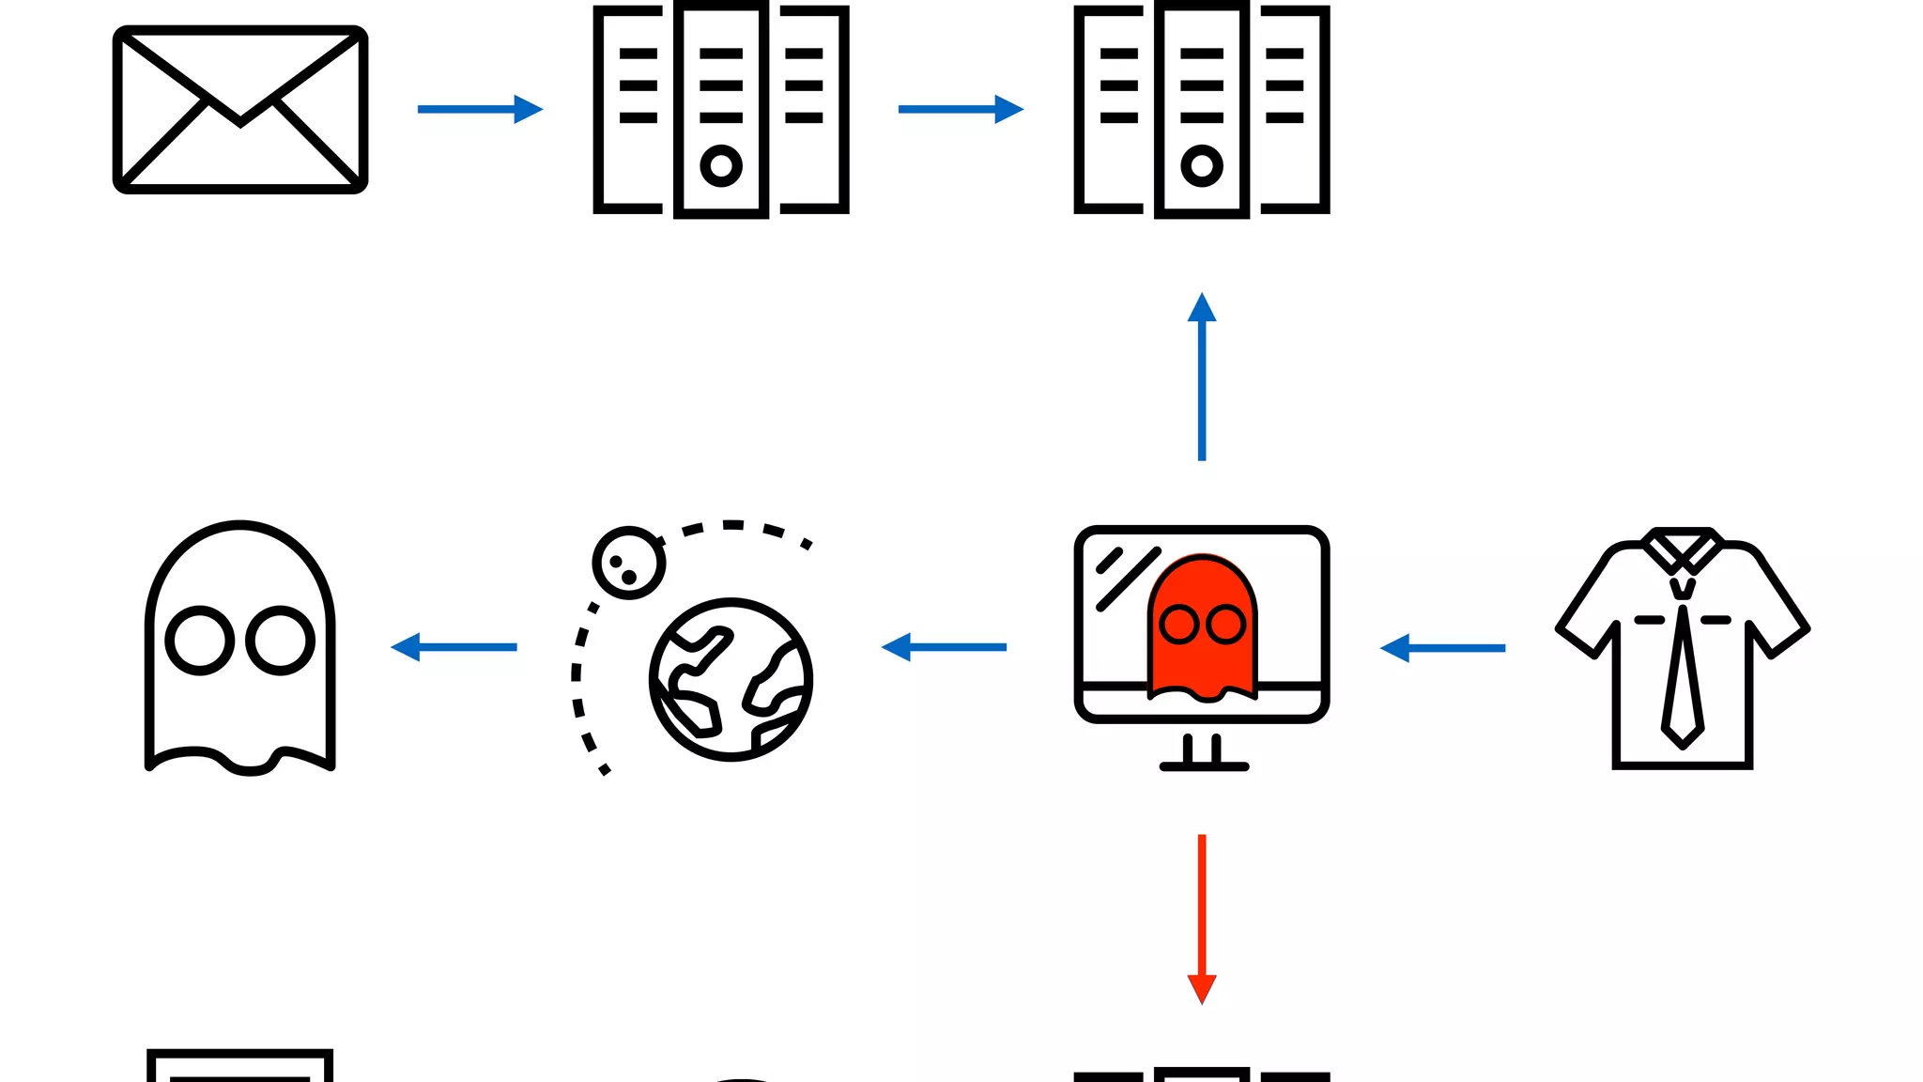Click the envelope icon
pos(240,110)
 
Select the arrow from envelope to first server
pos(479,109)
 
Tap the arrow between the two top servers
pos(960,109)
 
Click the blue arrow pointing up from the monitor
pos(1202,376)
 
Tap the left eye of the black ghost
pos(200,641)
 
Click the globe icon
pos(731,679)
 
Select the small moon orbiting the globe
pos(628,563)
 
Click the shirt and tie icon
pos(1683,648)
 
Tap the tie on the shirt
pos(1683,676)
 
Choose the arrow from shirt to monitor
pos(1442,648)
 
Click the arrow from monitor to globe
pos(944,647)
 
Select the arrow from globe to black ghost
pos(454,647)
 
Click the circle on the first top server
pos(721,166)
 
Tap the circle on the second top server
pos(1202,166)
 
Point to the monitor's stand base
pos(1204,766)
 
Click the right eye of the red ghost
pos(1225,625)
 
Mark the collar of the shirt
pos(1683,549)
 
